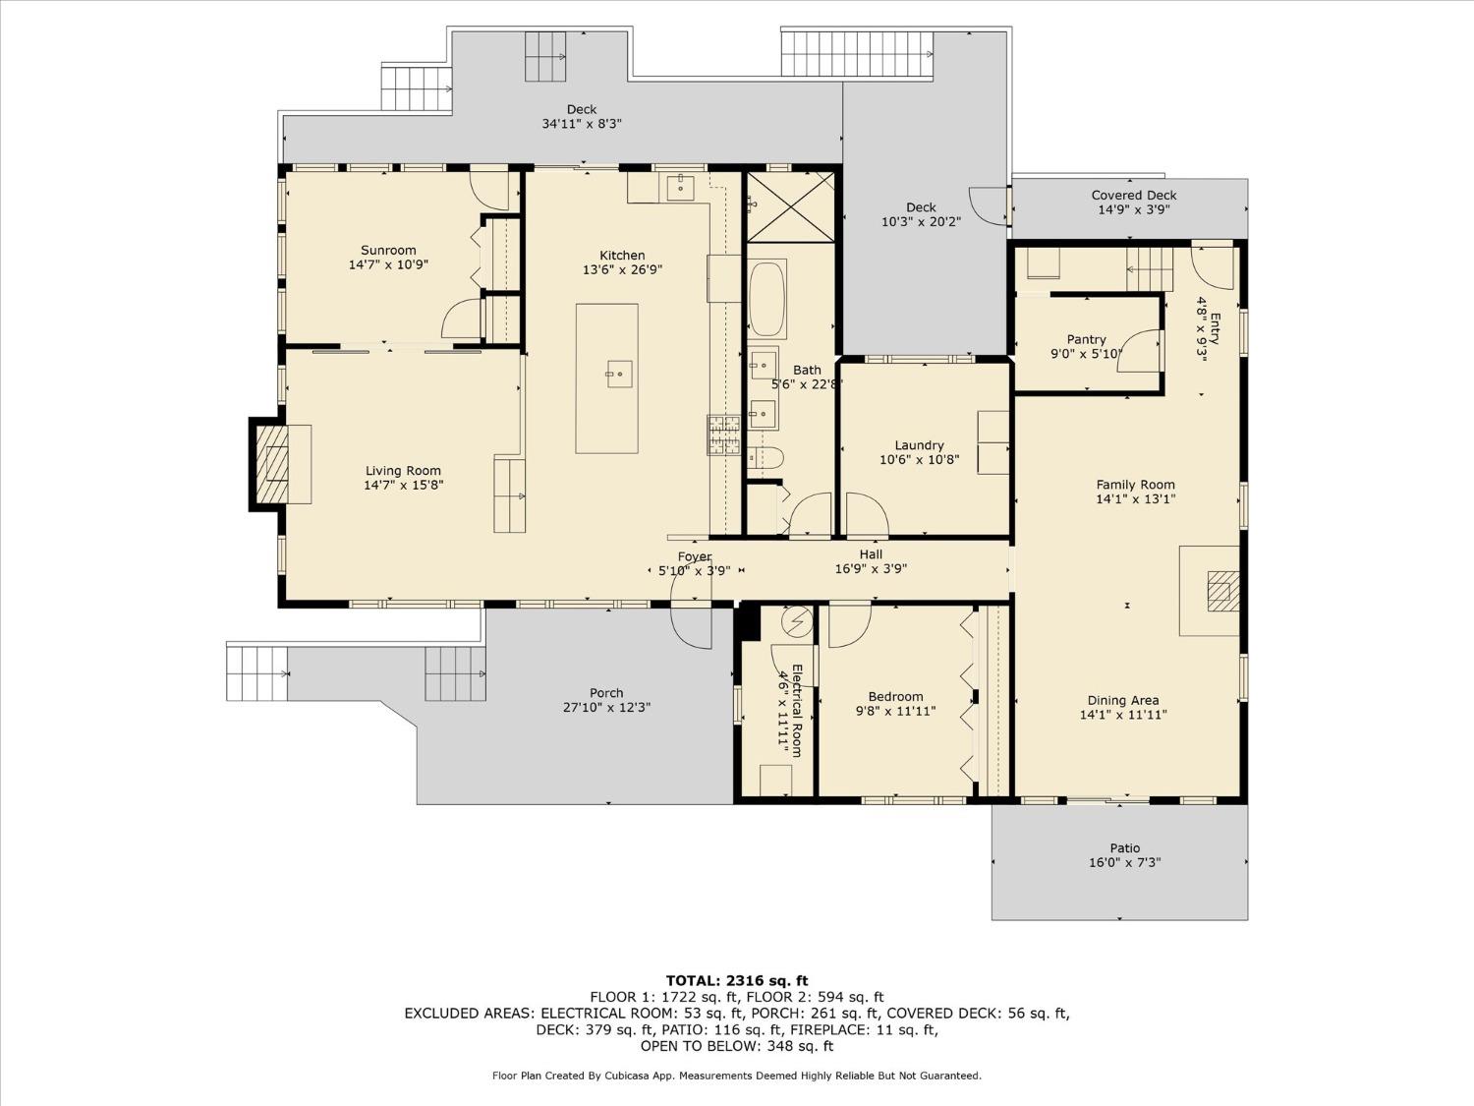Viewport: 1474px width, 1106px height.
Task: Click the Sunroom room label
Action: point(388,251)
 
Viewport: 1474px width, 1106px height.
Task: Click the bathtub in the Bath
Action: point(766,299)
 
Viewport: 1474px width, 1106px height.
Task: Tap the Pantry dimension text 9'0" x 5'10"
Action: point(1086,354)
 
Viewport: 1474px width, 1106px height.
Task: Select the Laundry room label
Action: point(919,445)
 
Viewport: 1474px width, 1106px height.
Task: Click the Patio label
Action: point(1125,848)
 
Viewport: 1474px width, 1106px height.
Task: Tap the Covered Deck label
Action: point(1133,196)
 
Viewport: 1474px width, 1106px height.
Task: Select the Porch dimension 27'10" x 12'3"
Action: point(606,708)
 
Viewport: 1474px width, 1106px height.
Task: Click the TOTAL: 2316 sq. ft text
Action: point(736,980)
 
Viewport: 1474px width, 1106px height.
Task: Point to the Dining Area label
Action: point(1122,701)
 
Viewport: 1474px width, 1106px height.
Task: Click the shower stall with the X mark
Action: point(790,206)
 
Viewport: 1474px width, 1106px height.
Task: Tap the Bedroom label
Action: point(895,697)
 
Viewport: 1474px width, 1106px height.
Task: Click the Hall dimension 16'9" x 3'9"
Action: point(870,568)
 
